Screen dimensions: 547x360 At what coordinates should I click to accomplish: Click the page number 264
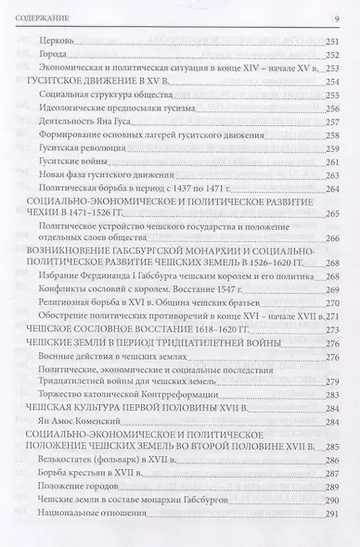328,212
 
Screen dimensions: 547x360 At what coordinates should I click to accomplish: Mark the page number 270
328,316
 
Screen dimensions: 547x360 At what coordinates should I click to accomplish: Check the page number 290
328,523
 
